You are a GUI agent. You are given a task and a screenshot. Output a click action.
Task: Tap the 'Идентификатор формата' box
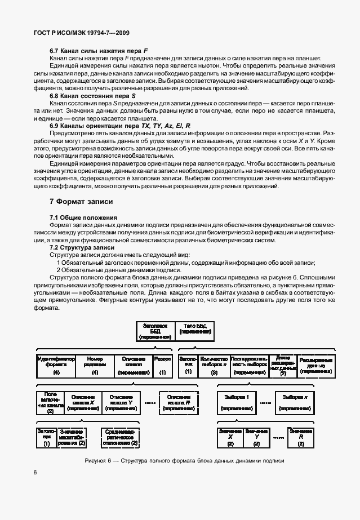(56, 365)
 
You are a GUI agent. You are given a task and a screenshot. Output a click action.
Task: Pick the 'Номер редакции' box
(95, 365)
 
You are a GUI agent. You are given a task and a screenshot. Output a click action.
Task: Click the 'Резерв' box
(162, 365)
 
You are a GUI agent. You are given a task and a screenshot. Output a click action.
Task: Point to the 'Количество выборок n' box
(214, 365)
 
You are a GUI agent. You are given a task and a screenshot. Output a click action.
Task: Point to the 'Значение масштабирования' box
(72, 437)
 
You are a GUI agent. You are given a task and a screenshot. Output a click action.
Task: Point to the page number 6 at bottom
(35, 488)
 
